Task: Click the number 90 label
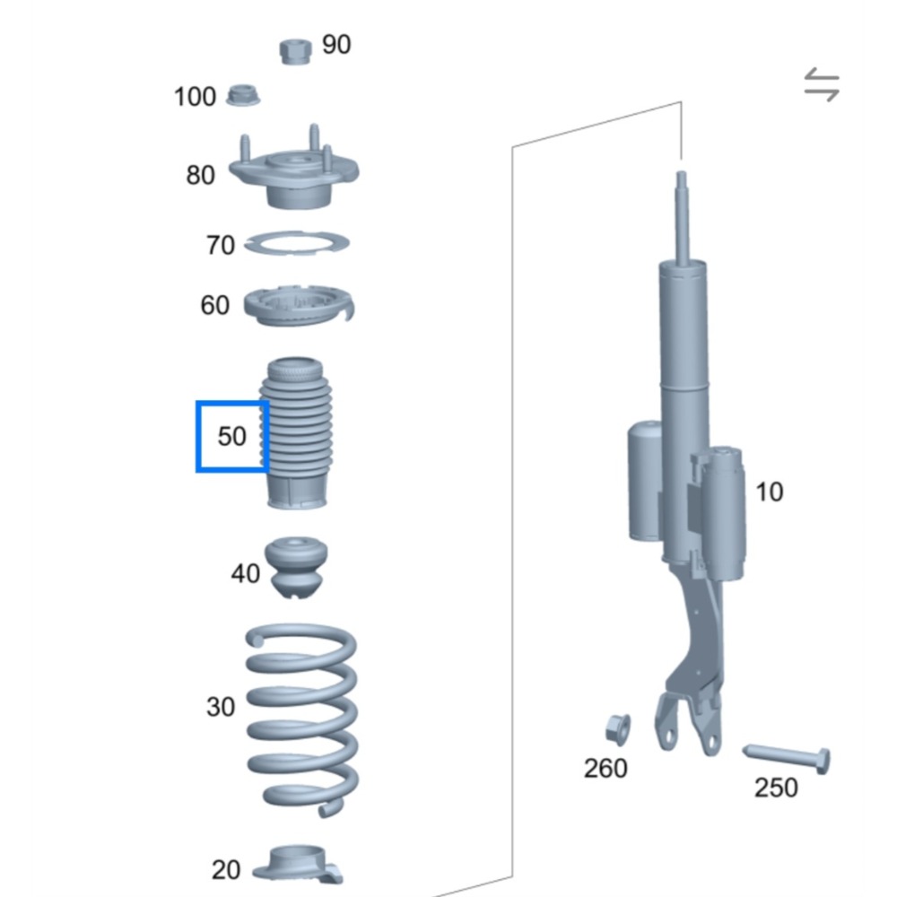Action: (x=336, y=44)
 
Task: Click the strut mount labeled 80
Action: (x=293, y=175)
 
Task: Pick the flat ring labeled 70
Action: (x=297, y=242)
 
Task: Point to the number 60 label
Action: (x=214, y=306)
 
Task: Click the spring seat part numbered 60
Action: (x=298, y=305)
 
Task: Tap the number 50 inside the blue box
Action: (x=231, y=436)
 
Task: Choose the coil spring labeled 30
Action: (x=301, y=718)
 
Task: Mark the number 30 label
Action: (x=221, y=707)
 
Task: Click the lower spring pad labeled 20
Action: (x=297, y=865)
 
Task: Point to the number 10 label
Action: (x=769, y=492)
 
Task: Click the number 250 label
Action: (x=775, y=788)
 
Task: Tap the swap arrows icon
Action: (x=821, y=86)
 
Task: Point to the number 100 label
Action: (x=195, y=96)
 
